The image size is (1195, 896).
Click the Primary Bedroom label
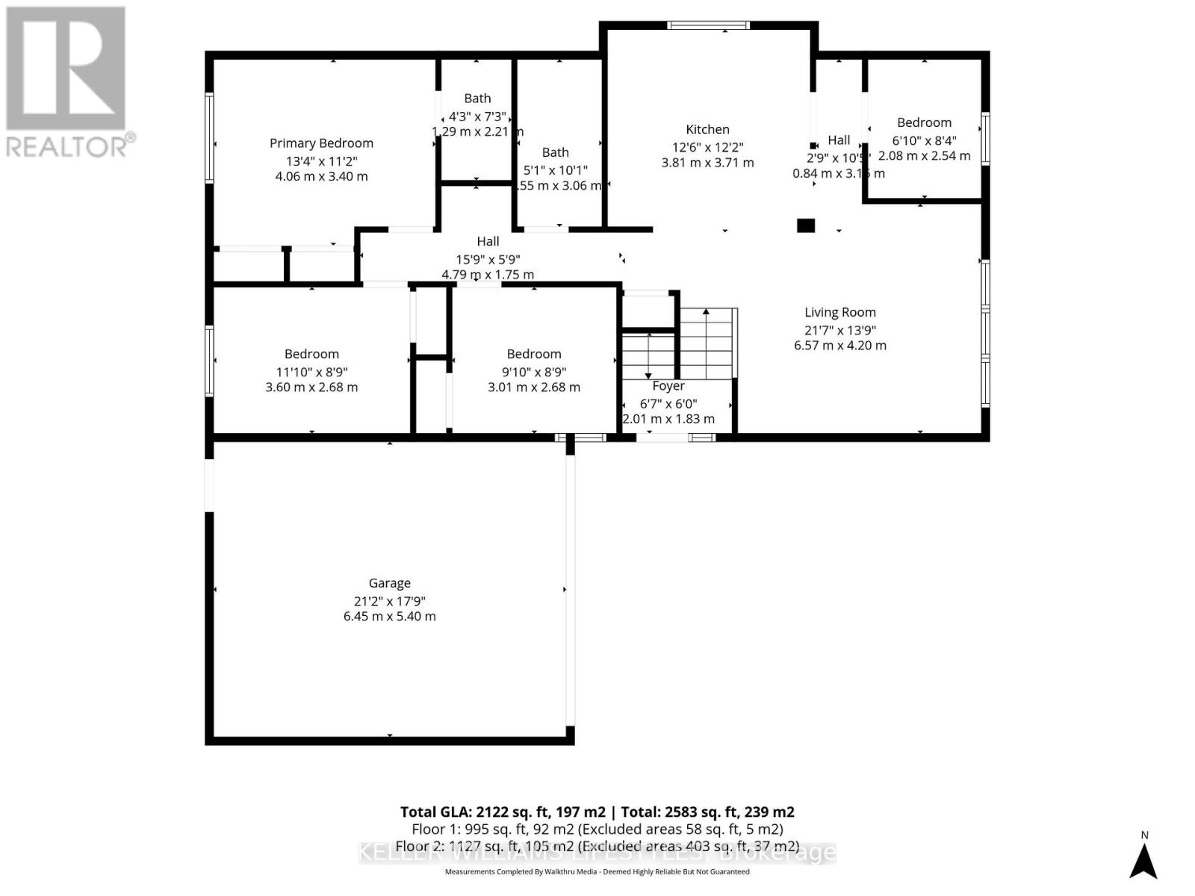321,143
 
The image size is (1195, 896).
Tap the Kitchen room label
707,130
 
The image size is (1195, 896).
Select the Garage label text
389,583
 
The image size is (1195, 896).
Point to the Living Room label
839,313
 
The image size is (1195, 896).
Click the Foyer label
668,386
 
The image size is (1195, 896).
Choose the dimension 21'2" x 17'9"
389,601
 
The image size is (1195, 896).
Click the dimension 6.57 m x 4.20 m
839,346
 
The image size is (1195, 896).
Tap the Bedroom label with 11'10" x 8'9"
311,354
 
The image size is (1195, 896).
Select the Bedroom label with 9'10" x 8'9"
533,354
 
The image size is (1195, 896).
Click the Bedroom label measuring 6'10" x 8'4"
924,122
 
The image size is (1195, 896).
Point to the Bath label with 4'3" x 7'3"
477,99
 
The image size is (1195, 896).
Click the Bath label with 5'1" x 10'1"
555,152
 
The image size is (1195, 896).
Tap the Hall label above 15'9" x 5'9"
488,241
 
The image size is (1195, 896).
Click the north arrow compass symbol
1143,859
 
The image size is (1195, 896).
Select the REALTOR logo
67,82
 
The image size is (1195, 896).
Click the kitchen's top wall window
708,25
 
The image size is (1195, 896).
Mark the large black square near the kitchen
805,225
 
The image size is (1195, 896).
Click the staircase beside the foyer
707,343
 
